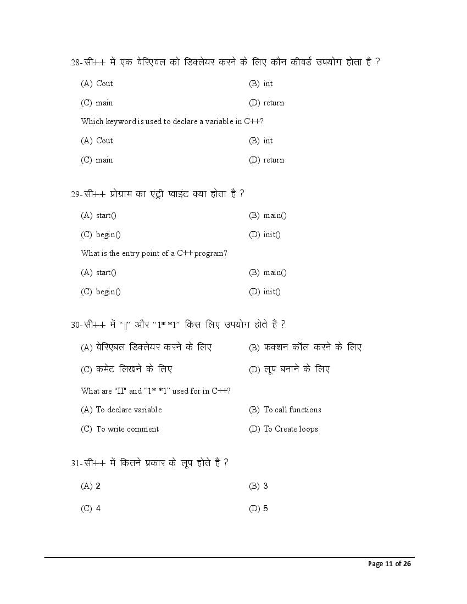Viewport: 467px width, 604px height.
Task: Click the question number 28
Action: point(76,63)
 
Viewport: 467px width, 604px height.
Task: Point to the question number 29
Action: point(76,194)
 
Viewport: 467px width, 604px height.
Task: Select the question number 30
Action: point(76,325)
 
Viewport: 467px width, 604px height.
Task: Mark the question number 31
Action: point(76,463)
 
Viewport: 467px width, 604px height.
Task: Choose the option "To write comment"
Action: point(127,429)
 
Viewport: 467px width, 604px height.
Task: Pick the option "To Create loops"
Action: point(291,429)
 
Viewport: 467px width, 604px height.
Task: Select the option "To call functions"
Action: point(292,410)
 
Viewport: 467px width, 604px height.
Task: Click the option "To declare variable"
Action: point(129,410)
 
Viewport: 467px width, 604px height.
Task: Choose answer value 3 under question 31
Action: point(265,486)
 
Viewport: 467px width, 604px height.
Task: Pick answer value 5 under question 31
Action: point(265,508)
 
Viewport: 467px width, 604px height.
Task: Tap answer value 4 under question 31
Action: point(98,508)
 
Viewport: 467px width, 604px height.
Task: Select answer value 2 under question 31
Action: point(98,486)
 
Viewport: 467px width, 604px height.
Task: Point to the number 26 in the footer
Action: point(407,564)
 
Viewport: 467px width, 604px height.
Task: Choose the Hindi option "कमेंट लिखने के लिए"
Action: point(134,369)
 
